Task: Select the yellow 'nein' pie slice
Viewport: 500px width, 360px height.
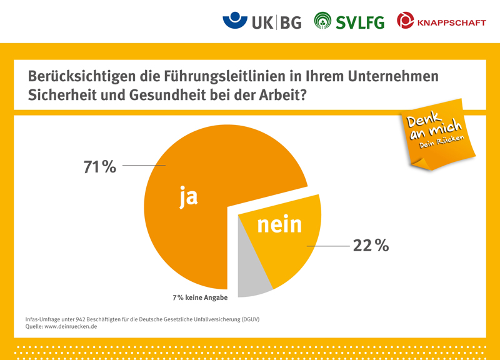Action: (x=294, y=250)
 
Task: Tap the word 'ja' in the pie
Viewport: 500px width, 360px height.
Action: (x=188, y=196)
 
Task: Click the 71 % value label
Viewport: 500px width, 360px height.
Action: (x=100, y=167)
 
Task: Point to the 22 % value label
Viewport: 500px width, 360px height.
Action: (x=371, y=246)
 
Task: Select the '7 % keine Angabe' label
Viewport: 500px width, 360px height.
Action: (x=200, y=297)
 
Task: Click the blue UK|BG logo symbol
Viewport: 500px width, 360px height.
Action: (x=234, y=20)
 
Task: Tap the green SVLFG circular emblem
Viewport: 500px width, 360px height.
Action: (x=322, y=21)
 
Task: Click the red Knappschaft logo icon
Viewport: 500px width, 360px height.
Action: (x=405, y=21)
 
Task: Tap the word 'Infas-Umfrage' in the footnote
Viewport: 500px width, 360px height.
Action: (x=44, y=319)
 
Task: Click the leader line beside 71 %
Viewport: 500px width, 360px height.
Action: (x=144, y=166)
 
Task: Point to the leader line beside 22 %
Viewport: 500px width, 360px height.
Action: (x=327, y=246)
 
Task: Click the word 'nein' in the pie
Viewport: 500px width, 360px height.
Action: (x=279, y=224)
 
